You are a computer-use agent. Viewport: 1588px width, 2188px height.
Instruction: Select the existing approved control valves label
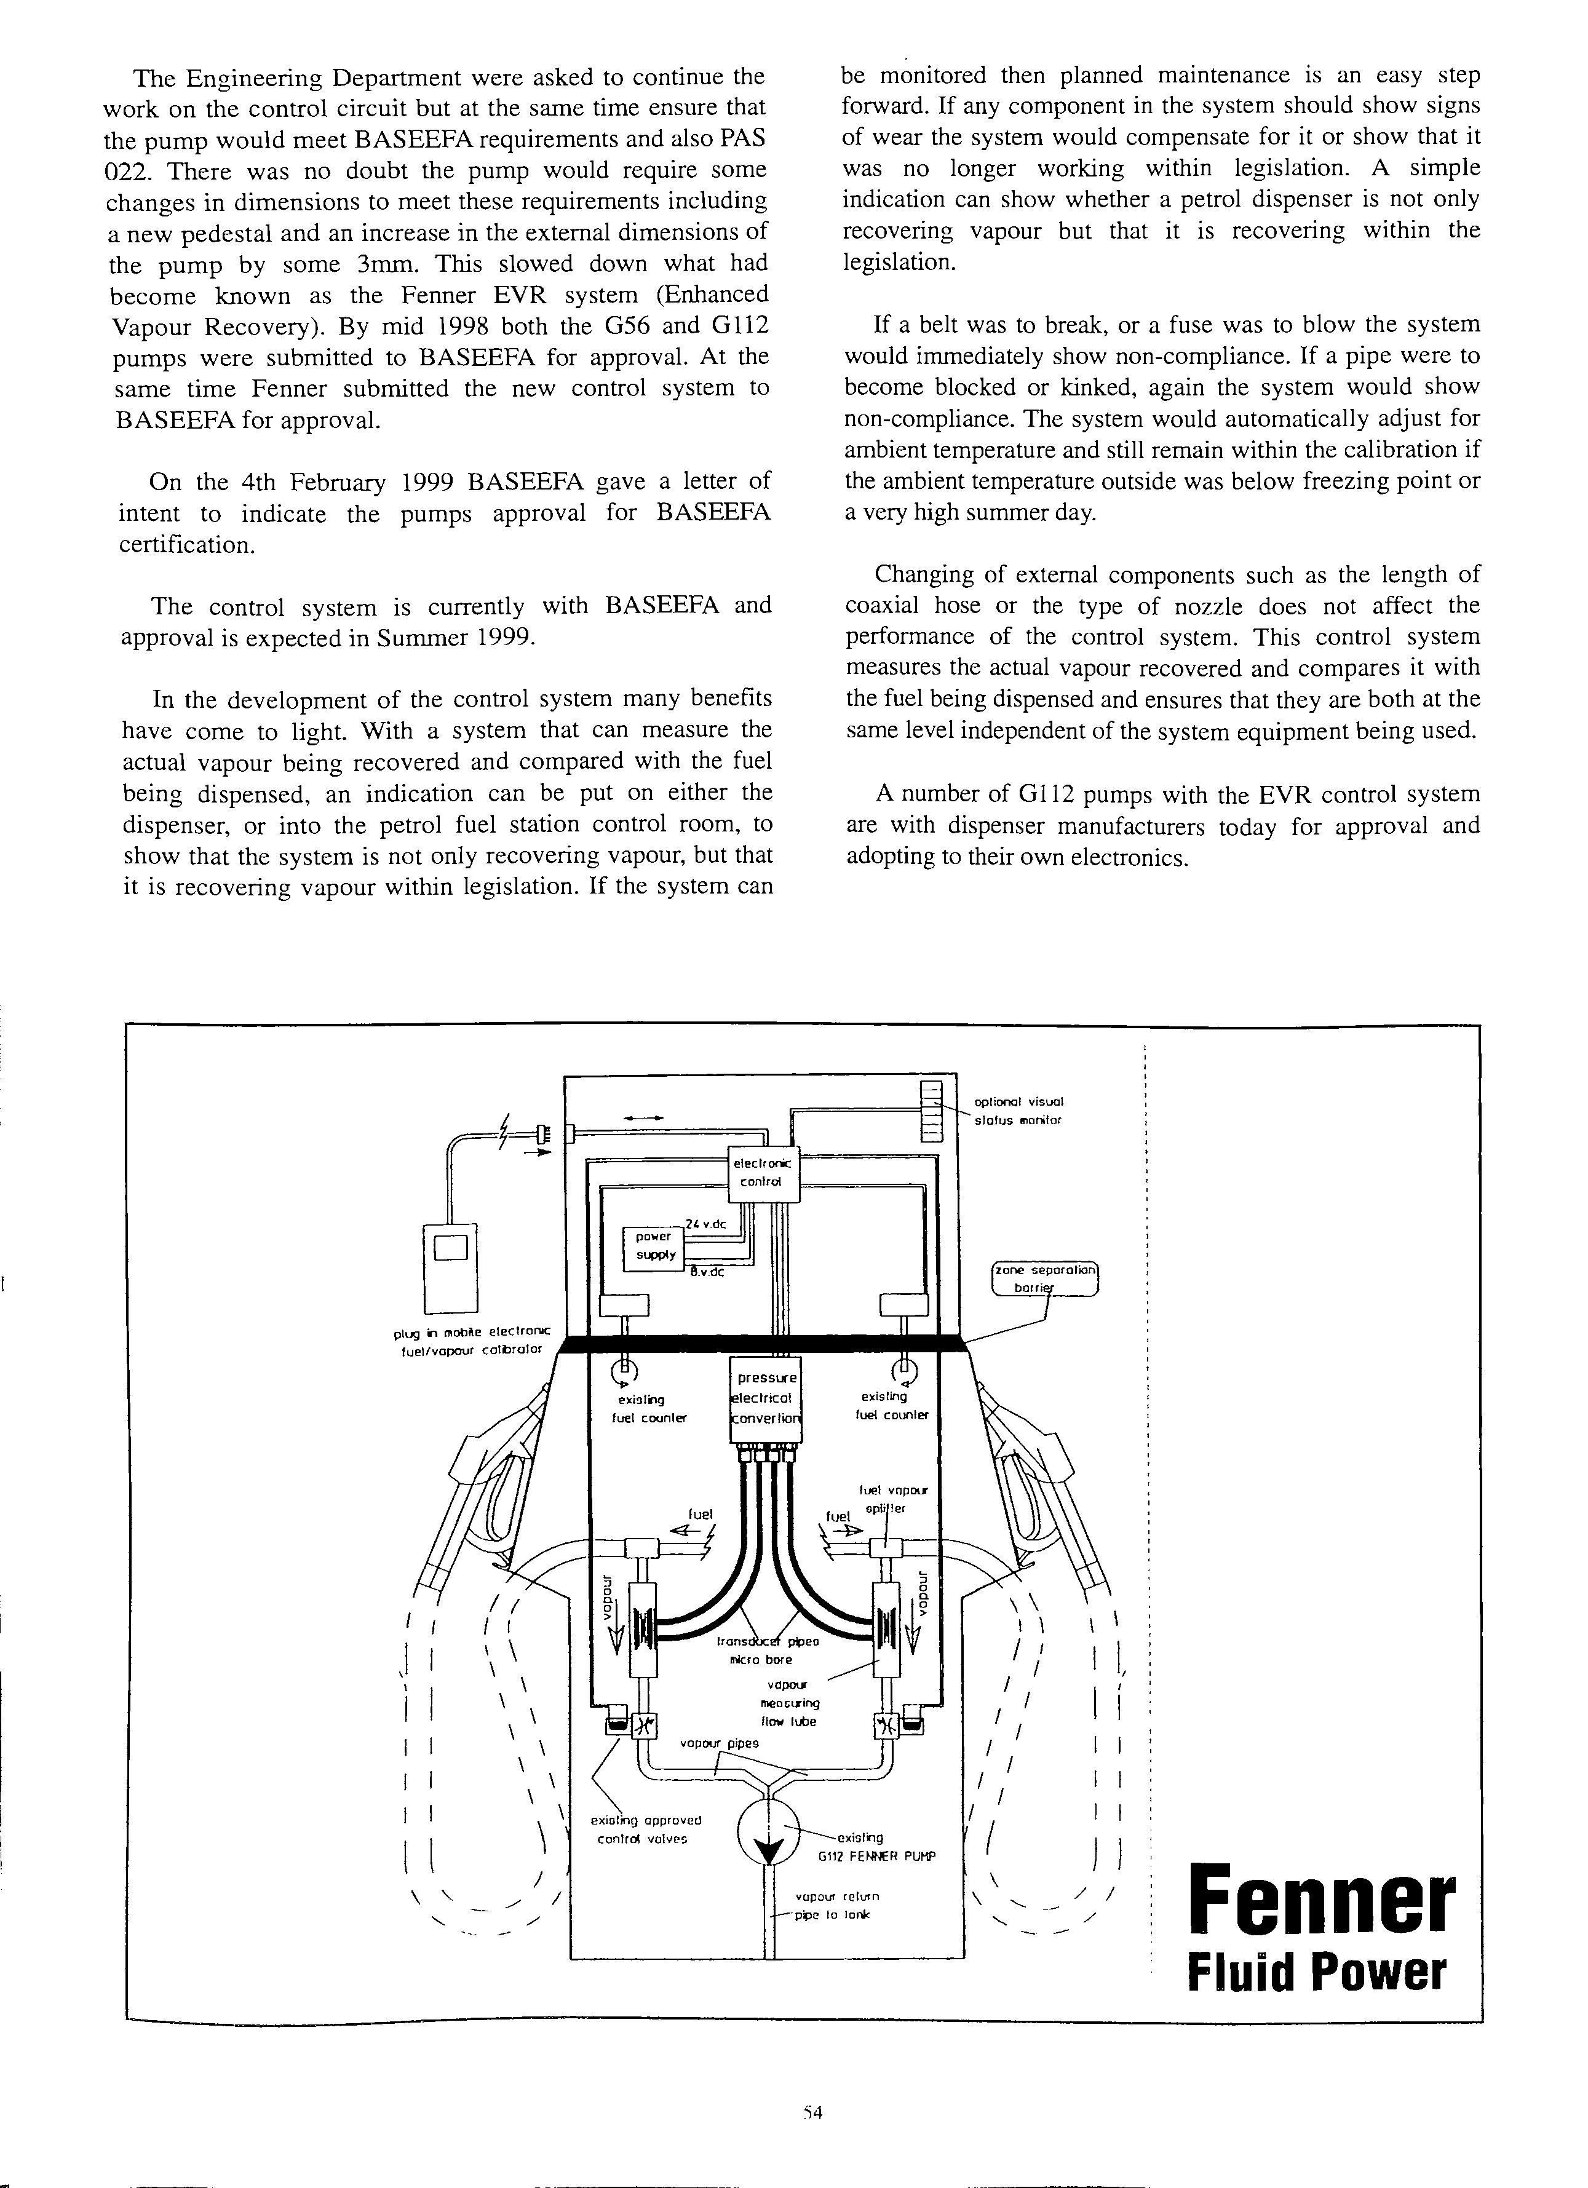coord(645,1829)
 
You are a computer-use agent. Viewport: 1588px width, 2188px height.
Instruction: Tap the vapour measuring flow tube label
coord(788,1703)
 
